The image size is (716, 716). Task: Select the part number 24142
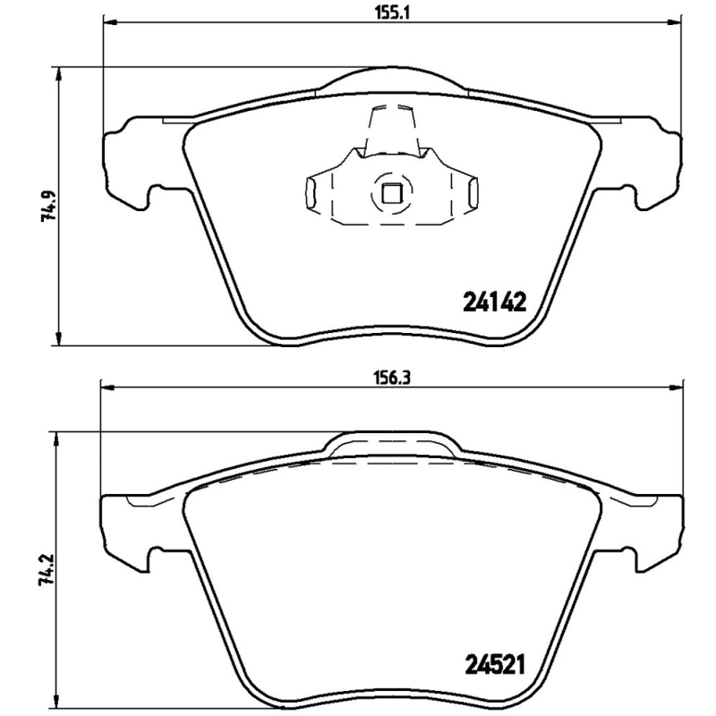pyautogui.click(x=492, y=303)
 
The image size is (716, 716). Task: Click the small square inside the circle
pyautogui.click(x=390, y=191)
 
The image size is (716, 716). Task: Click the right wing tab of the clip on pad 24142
pyautogui.click(x=472, y=192)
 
